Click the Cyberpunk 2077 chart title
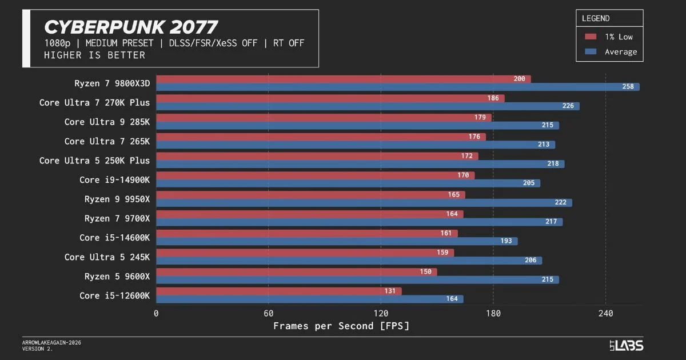[131, 27]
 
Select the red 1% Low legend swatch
[591, 37]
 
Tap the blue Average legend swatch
[591, 51]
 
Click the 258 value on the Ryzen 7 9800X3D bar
[628, 87]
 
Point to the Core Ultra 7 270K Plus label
[94, 103]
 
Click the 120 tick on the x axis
[381, 313]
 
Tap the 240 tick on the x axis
[605, 313]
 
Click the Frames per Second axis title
[341, 326]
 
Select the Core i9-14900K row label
[114, 180]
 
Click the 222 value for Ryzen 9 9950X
[560, 203]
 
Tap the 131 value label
[390, 291]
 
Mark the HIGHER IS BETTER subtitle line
[94, 55]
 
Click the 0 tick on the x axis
[156, 313]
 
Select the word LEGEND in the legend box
[596, 18]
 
